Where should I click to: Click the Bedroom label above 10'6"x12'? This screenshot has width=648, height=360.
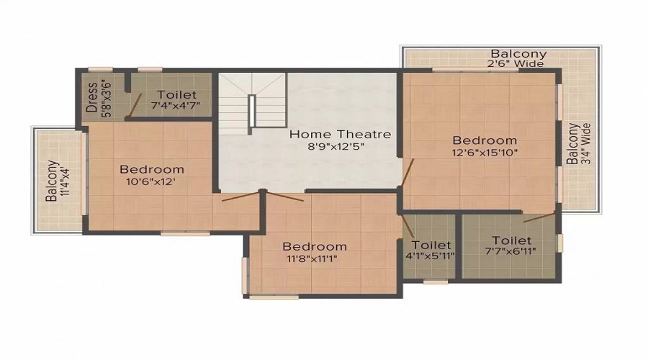coord(151,169)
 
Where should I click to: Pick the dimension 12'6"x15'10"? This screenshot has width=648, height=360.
coord(484,152)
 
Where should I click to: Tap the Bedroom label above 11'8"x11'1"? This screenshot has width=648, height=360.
coord(314,246)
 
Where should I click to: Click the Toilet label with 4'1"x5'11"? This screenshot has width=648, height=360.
coord(432,246)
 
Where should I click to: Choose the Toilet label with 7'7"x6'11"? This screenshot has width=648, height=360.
coord(511,240)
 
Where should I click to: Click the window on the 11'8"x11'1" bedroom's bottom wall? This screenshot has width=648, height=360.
coord(274,296)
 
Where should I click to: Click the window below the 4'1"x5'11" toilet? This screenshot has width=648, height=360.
coord(435,282)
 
